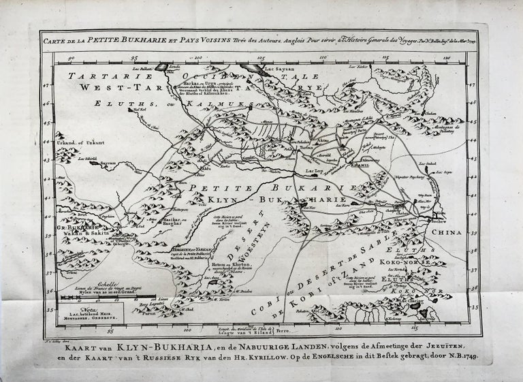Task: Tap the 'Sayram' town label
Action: pyautogui.click(x=91, y=163)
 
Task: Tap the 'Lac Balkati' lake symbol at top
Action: pyautogui.click(x=161, y=67)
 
